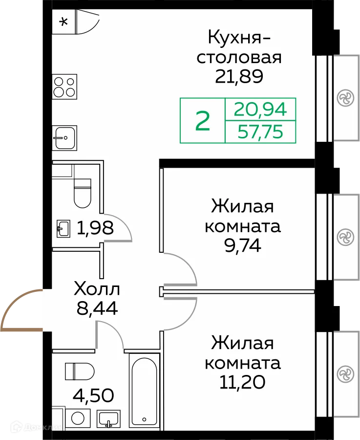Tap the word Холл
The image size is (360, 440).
pyautogui.click(x=96, y=289)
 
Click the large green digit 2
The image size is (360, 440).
pyautogui.click(x=203, y=121)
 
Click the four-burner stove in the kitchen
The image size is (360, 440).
pyautogui.click(x=64, y=87)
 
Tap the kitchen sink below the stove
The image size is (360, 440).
pyautogui.click(x=64, y=138)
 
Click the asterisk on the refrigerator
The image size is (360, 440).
pyautogui.click(x=63, y=22)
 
